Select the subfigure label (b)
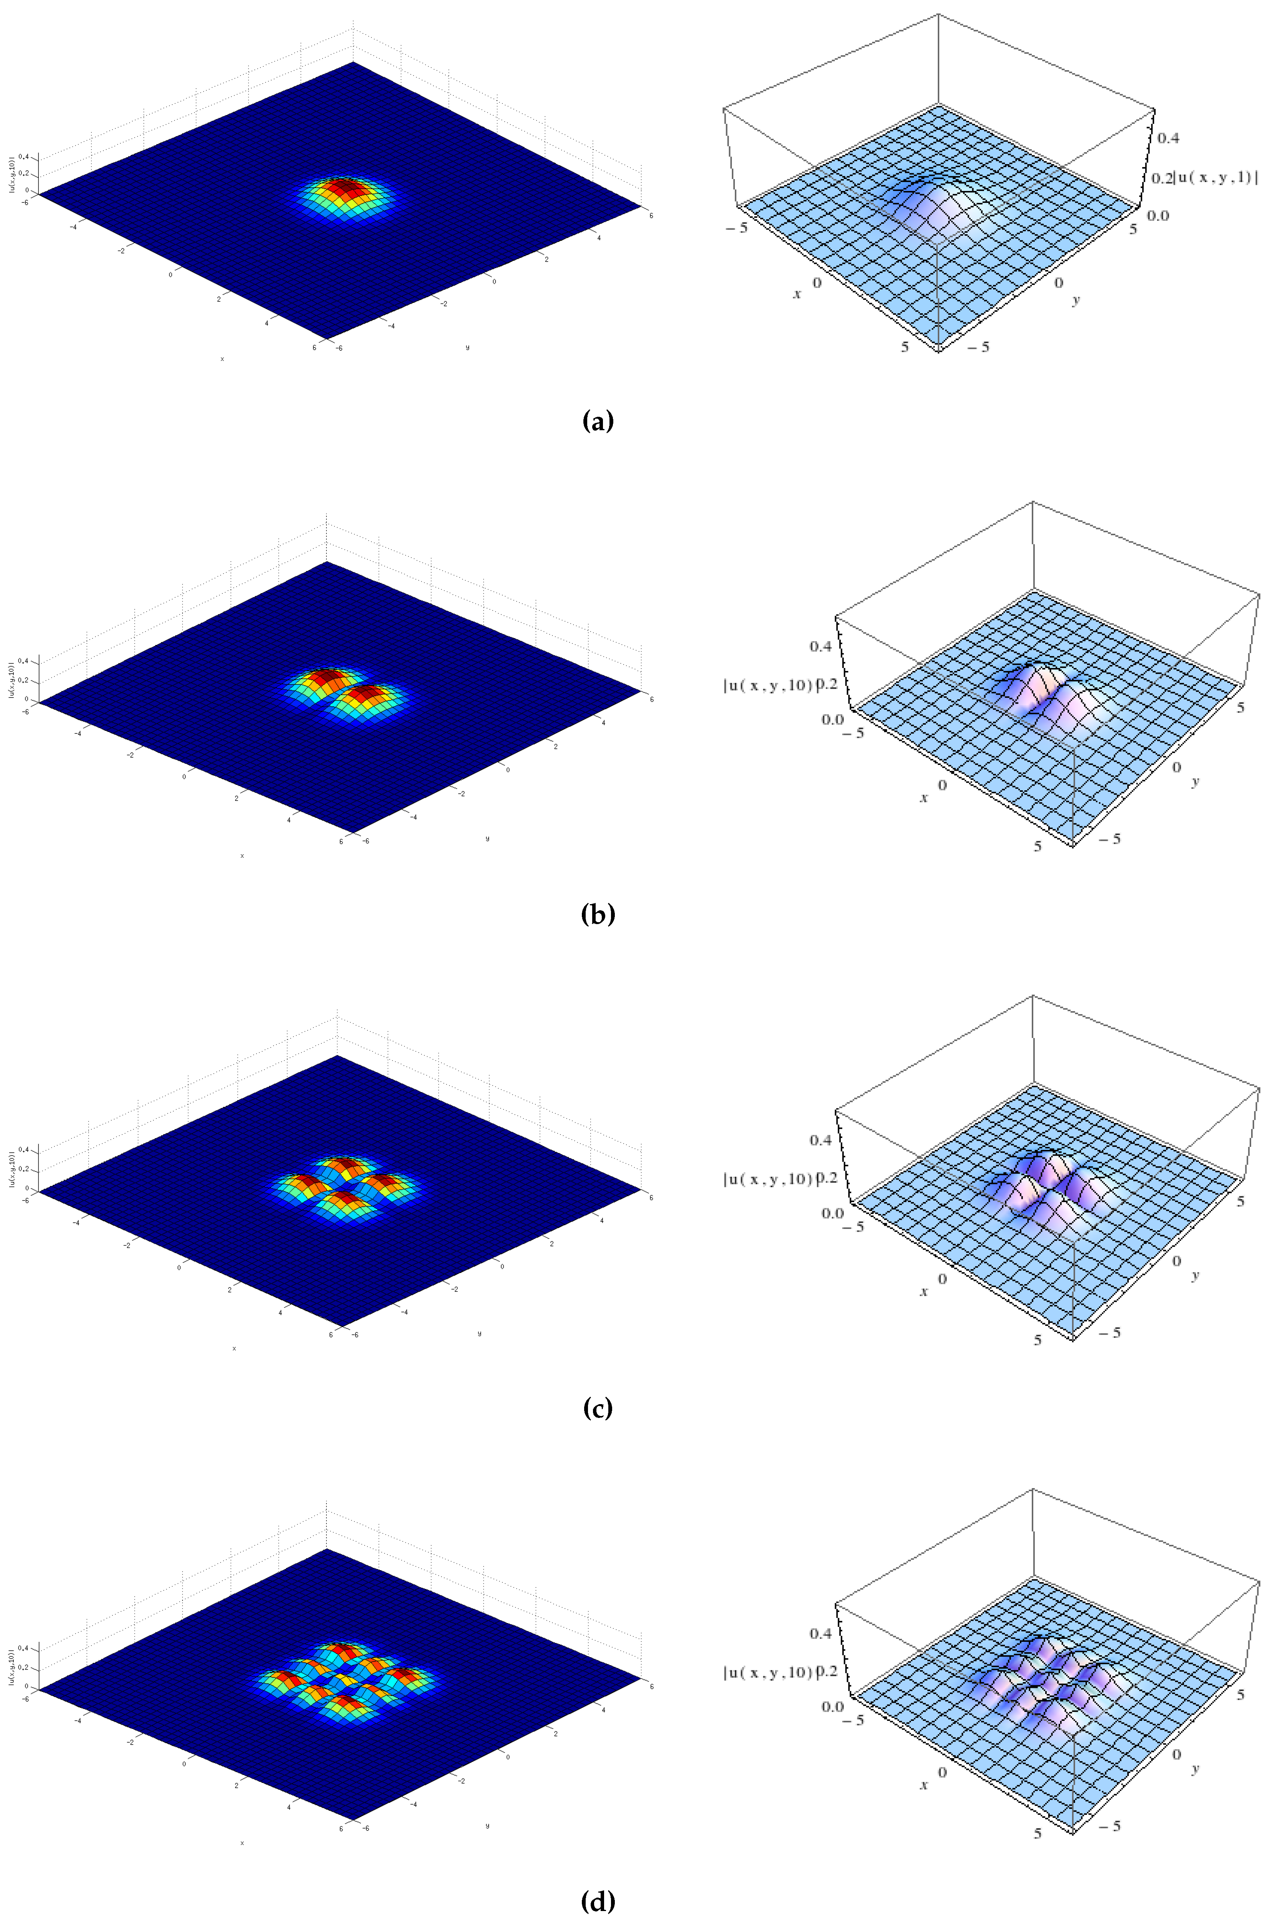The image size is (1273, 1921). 598,914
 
